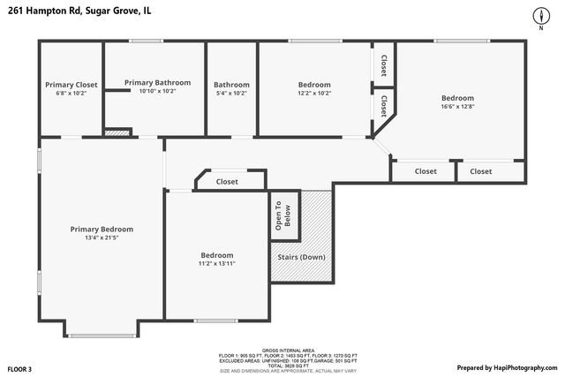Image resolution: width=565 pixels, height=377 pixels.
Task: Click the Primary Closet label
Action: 72,85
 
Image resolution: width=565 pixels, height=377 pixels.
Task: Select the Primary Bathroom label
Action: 157,82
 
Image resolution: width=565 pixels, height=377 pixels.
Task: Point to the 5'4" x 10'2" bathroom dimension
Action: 230,93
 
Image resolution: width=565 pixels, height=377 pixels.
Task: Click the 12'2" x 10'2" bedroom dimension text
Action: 313,93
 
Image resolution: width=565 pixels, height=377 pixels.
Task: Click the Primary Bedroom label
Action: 102,229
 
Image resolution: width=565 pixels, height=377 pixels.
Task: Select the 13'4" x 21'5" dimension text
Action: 102,238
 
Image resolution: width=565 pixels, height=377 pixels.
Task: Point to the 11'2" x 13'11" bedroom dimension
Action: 216,263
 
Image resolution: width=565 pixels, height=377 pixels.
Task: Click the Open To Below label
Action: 282,215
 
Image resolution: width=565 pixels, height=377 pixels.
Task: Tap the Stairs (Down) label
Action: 301,257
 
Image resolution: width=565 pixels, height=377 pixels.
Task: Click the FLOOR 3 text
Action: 19,368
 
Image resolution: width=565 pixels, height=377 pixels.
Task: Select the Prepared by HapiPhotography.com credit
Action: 507,367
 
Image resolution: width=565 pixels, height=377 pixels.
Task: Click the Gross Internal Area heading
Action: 282,350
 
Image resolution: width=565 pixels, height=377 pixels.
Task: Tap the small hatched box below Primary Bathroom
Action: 117,132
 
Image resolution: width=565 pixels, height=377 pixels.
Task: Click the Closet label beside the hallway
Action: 227,181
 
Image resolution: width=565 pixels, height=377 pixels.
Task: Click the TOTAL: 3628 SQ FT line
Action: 282,365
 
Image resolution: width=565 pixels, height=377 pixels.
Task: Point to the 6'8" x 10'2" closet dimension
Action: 72,93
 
